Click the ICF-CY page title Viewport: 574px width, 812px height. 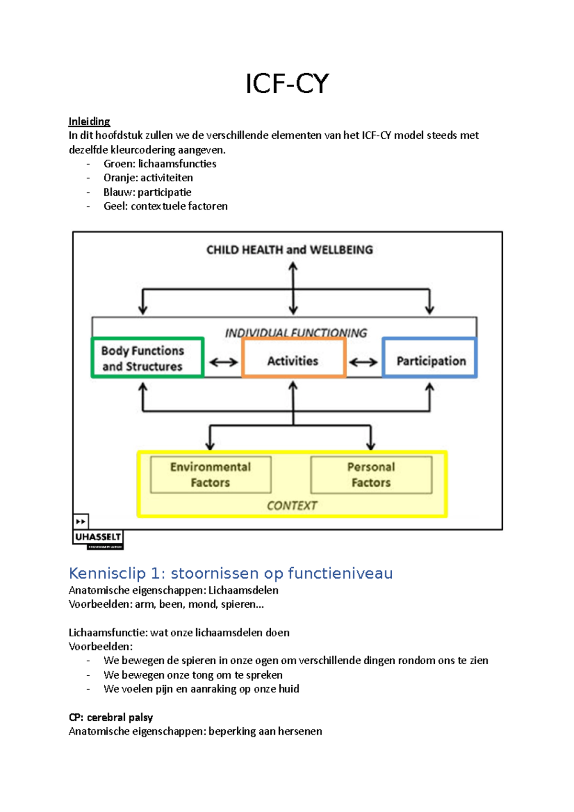coord(287,84)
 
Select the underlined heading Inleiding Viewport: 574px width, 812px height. coord(89,121)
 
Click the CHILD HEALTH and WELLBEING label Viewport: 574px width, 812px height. coord(289,250)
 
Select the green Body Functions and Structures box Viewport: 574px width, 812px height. coord(147,358)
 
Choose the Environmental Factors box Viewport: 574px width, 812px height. coord(210,474)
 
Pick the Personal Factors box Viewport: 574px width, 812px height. coord(371,474)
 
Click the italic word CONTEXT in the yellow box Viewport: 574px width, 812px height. coord(291,505)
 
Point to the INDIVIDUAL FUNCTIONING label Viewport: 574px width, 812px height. coord(296,332)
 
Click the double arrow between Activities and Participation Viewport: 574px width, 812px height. coord(363,362)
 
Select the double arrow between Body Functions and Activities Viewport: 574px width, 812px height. coord(223,362)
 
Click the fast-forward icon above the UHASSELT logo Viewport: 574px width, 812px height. coord(81,521)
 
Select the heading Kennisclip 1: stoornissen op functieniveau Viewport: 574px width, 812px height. coord(231,573)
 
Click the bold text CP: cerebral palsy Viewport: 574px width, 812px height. coord(110,717)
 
